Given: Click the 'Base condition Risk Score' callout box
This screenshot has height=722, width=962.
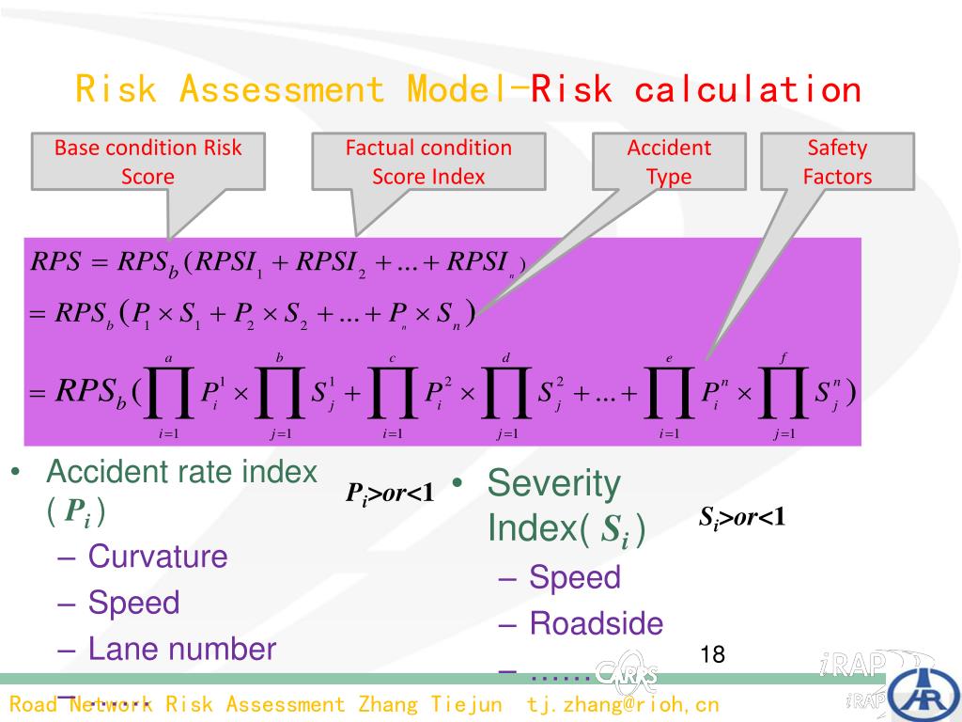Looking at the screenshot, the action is (x=148, y=162).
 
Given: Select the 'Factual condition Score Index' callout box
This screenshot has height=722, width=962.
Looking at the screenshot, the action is (x=428, y=162).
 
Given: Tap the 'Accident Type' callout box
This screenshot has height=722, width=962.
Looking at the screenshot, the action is (x=669, y=162).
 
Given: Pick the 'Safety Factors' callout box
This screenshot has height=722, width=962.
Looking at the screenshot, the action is (x=837, y=162).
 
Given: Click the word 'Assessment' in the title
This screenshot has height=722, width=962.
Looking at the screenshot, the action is (x=282, y=90).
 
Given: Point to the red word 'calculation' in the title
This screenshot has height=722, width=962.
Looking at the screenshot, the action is (x=748, y=90).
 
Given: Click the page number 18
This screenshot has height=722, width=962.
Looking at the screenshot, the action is (x=713, y=654).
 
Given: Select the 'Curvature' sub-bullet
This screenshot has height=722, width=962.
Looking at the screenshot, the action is (x=158, y=557).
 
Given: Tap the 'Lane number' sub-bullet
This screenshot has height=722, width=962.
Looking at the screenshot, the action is (x=182, y=649).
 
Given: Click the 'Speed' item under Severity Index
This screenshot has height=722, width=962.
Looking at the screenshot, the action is (x=575, y=577).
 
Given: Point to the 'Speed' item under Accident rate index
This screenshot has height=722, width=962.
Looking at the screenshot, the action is (x=133, y=603).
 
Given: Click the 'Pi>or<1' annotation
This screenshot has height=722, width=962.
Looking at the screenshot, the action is (x=390, y=494).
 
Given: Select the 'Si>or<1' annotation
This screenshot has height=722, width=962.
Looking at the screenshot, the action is (x=741, y=517).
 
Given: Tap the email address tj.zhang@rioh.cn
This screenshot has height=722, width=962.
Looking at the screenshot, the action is (x=623, y=704).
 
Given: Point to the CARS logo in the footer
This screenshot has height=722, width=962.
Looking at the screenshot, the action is (x=626, y=670).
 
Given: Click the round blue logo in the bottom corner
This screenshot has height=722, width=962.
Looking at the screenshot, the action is (x=925, y=693).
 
